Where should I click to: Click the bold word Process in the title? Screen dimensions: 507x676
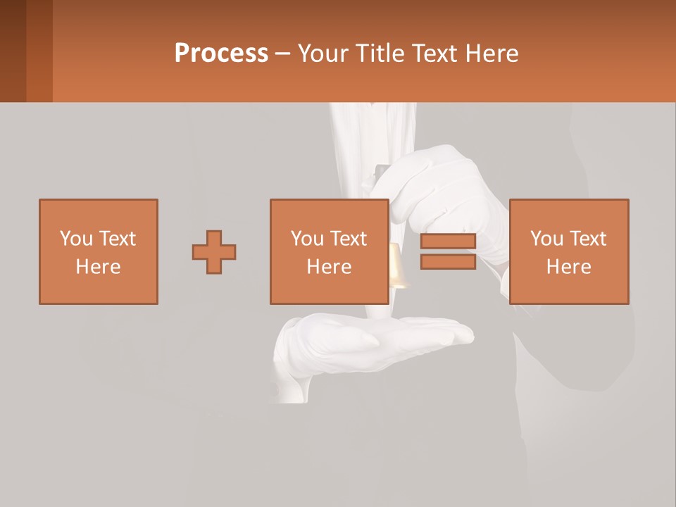[x=221, y=54]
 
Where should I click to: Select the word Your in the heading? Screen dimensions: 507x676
[x=323, y=54]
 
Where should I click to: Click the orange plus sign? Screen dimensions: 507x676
[x=214, y=252]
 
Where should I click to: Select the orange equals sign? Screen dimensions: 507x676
[x=448, y=251]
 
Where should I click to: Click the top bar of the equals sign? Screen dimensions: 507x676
[x=448, y=242]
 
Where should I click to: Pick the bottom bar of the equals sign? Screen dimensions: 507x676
[x=448, y=261]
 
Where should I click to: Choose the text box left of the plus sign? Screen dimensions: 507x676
[x=99, y=251]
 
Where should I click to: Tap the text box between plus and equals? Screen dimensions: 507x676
[x=329, y=251]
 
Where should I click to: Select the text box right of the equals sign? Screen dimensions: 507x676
[x=569, y=251]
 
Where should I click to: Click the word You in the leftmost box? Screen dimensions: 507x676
[x=76, y=239]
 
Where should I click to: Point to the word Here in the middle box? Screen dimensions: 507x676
[x=329, y=267]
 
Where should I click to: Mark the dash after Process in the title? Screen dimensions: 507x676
[x=282, y=54]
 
